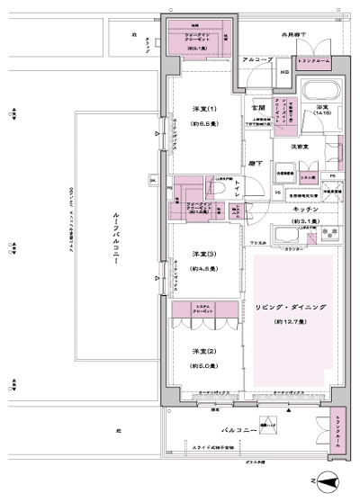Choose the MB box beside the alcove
pos(283,74)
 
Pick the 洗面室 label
pos(301,146)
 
